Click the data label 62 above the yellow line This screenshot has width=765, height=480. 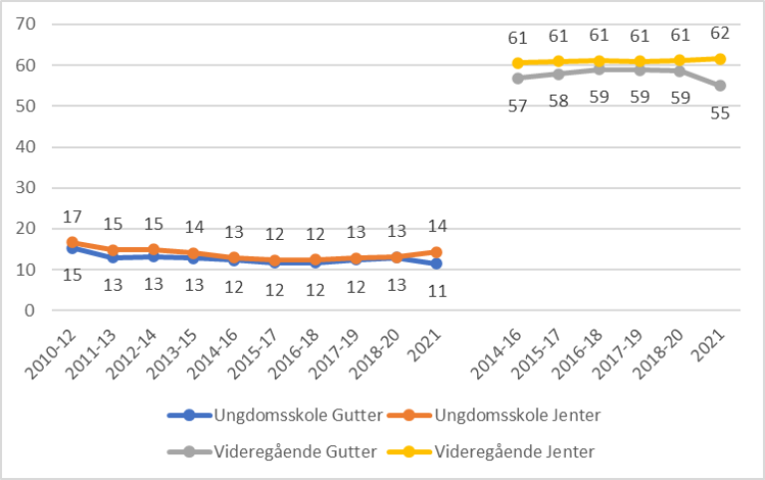pyautogui.click(x=719, y=37)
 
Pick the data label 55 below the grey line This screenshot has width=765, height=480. pyautogui.click(x=719, y=113)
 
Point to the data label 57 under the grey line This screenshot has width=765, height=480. pyautogui.click(x=518, y=106)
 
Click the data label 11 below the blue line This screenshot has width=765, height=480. pyautogui.click(x=435, y=291)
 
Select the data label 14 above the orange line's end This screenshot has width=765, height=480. pyautogui.click(x=435, y=226)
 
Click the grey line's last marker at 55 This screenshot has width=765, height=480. pyautogui.click(x=719, y=86)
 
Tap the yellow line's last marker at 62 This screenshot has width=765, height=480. pyautogui.click(x=719, y=59)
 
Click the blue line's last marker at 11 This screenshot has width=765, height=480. pyautogui.click(x=435, y=264)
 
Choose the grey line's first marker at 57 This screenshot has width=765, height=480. pyautogui.click(x=518, y=78)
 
